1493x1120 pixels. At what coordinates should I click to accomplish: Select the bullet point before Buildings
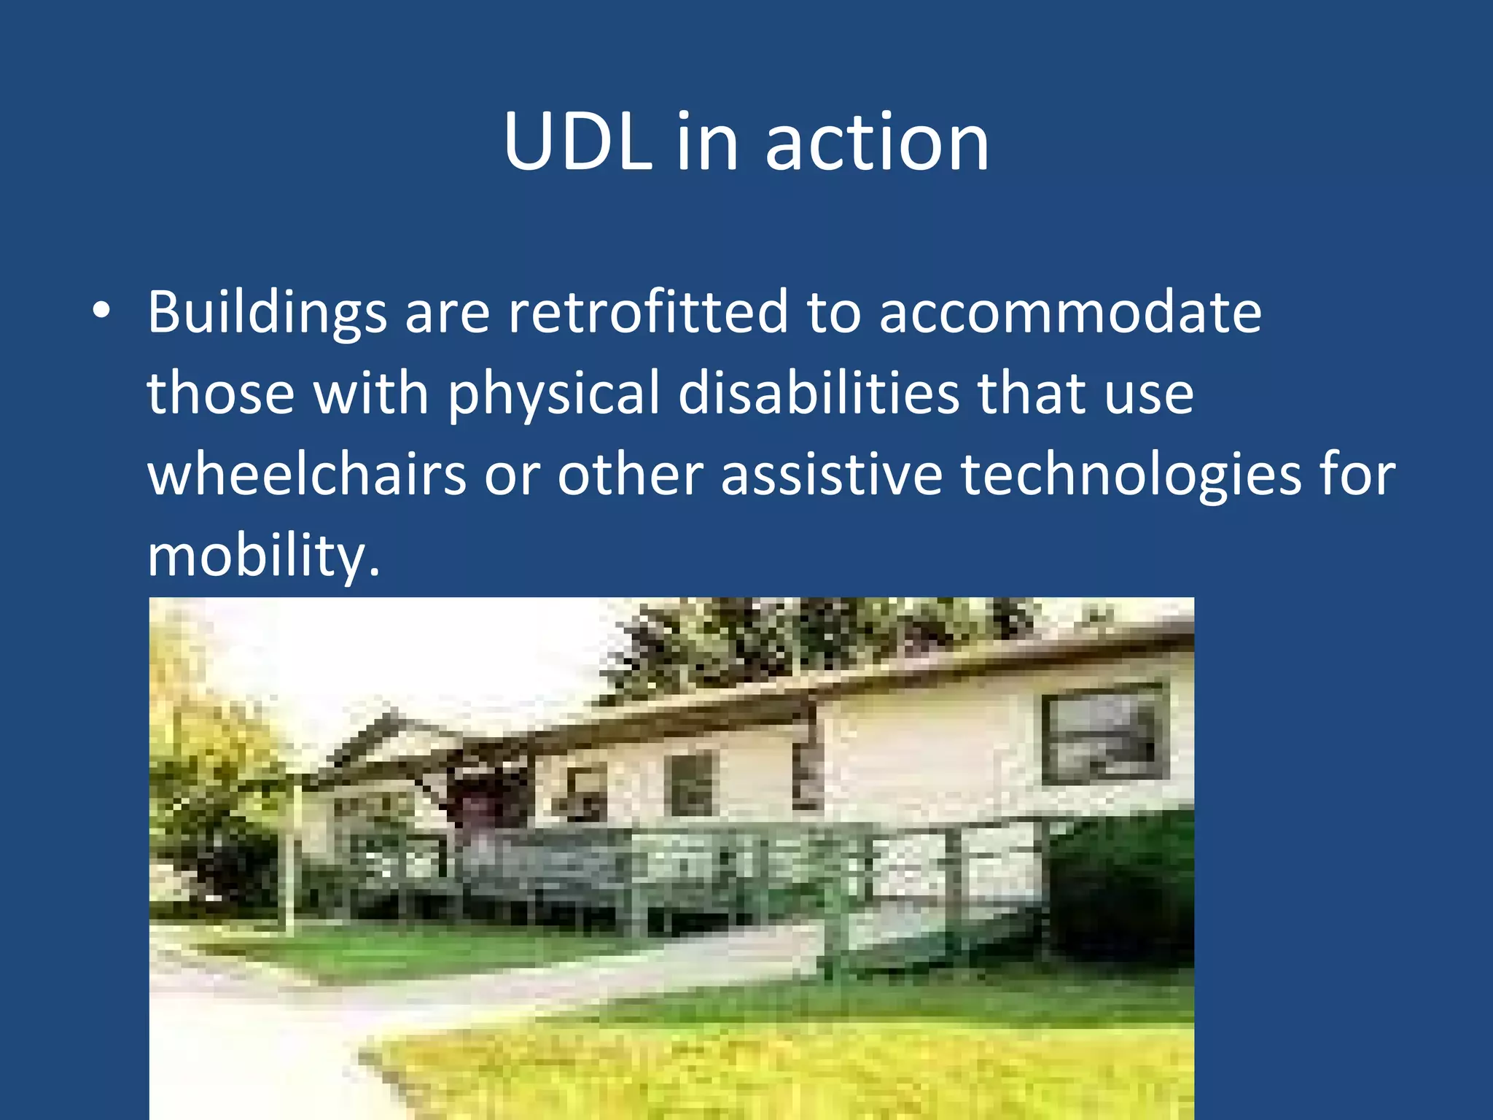102,311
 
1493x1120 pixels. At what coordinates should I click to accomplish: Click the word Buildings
267,313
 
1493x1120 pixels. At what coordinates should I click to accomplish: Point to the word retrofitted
648,311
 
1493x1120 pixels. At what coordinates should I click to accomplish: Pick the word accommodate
1070,311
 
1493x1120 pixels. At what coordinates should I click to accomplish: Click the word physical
553,394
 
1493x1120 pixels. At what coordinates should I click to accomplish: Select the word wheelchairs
307,475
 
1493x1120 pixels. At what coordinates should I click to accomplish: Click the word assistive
832,475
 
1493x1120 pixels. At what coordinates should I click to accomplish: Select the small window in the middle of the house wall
691,784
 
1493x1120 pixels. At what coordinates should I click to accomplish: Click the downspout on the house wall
808,758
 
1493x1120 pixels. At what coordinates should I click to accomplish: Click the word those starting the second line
220,393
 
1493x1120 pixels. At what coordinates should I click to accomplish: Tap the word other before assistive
630,475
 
